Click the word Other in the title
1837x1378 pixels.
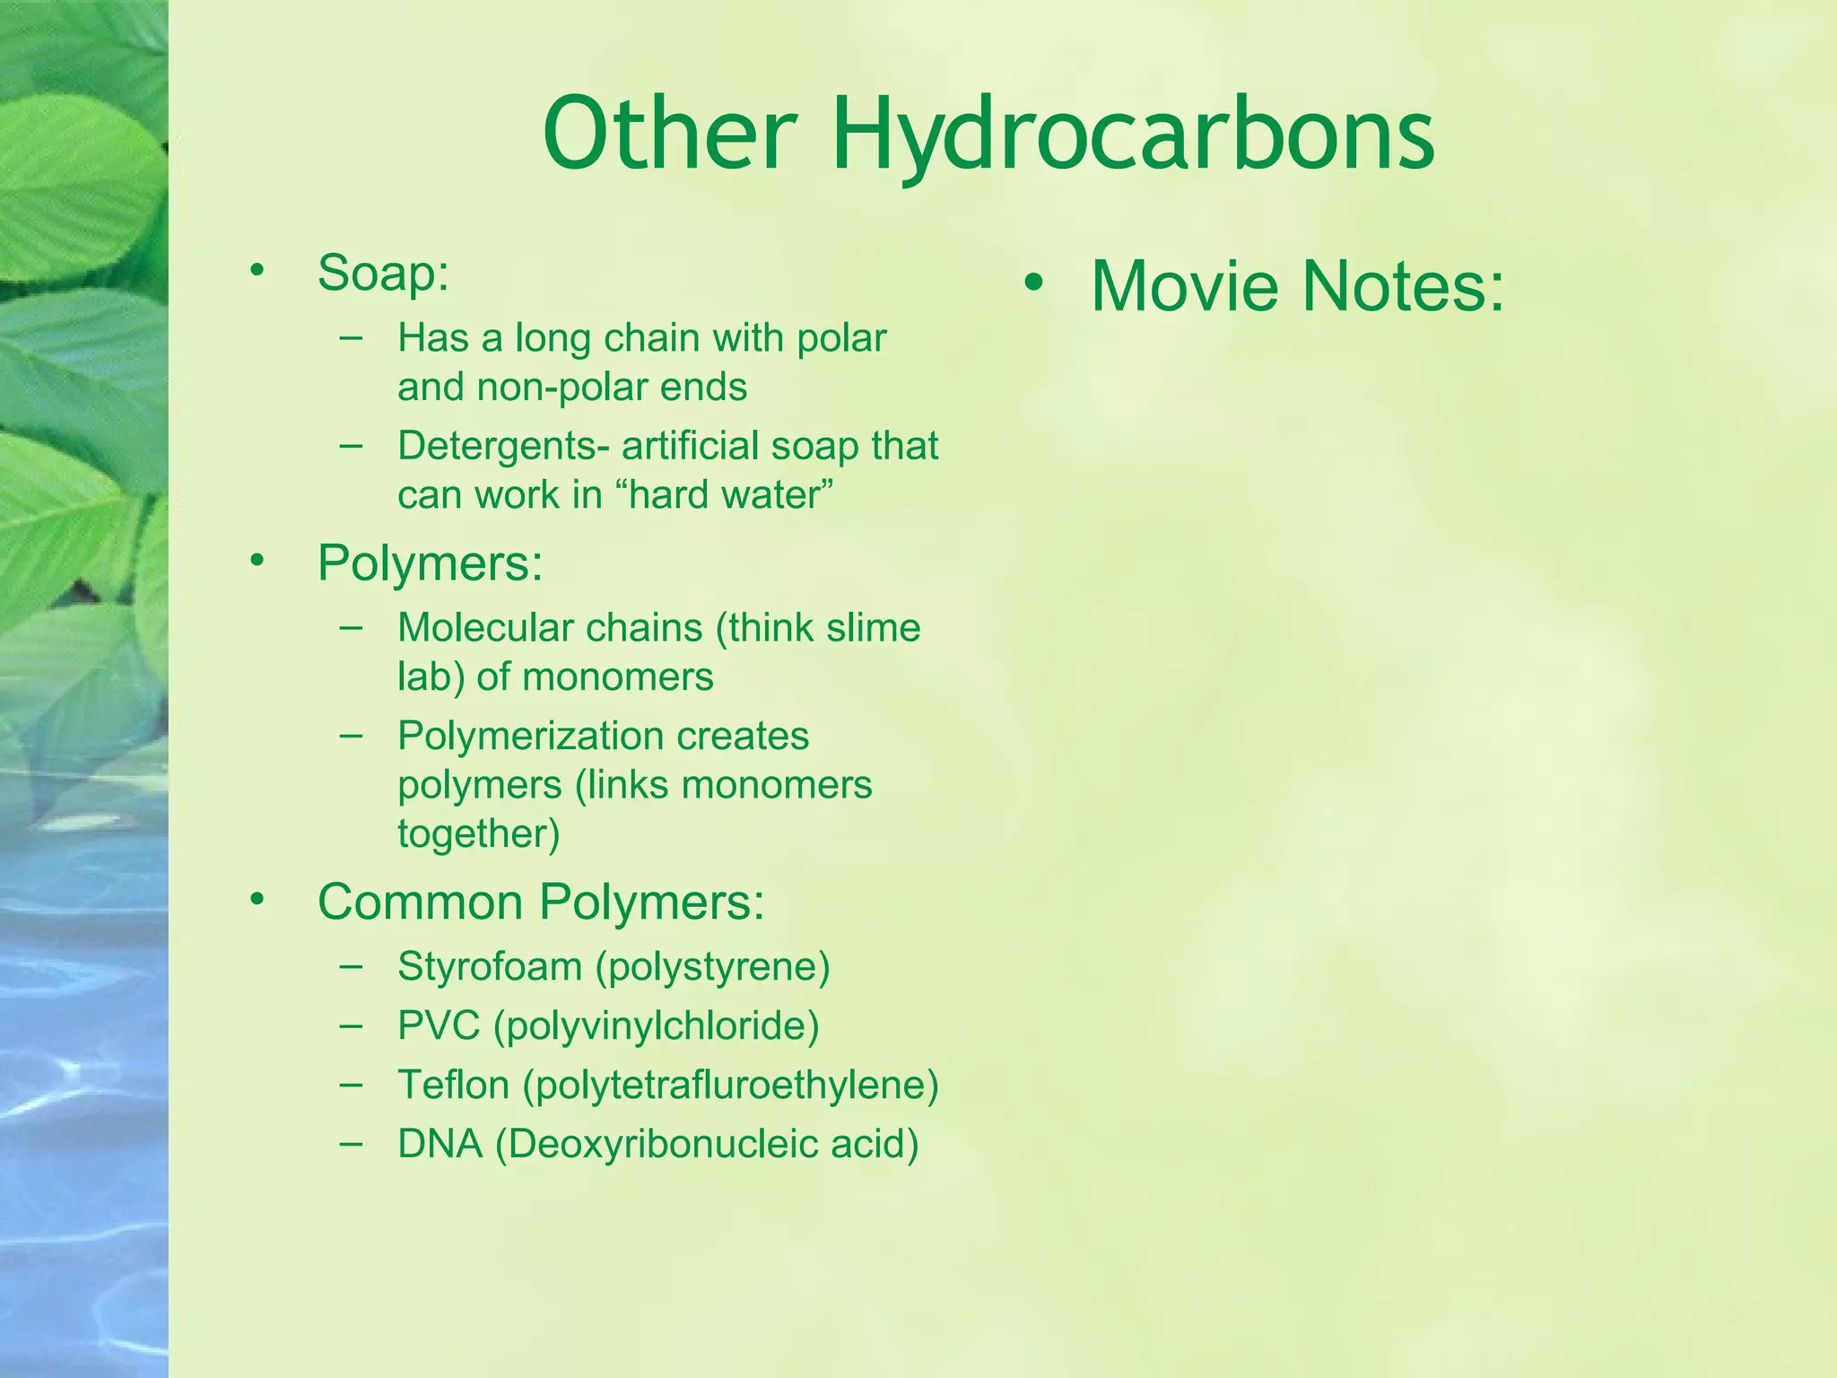click(x=670, y=135)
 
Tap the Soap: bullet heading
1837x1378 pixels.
click(x=383, y=273)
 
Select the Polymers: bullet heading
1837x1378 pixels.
click(x=430, y=563)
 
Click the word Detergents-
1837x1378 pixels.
click(x=503, y=446)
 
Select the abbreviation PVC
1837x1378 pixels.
click(x=439, y=1025)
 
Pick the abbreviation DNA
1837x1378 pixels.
click(x=440, y=1144)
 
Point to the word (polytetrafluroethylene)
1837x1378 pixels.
click(x=731, y=1086)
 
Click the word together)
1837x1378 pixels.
click(x=479, y=834)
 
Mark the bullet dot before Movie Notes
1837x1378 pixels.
click(x=1033, y=284)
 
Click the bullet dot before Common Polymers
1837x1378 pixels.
click(x=258, y=899)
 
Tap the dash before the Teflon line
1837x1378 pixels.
click(x=352, y=1084)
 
